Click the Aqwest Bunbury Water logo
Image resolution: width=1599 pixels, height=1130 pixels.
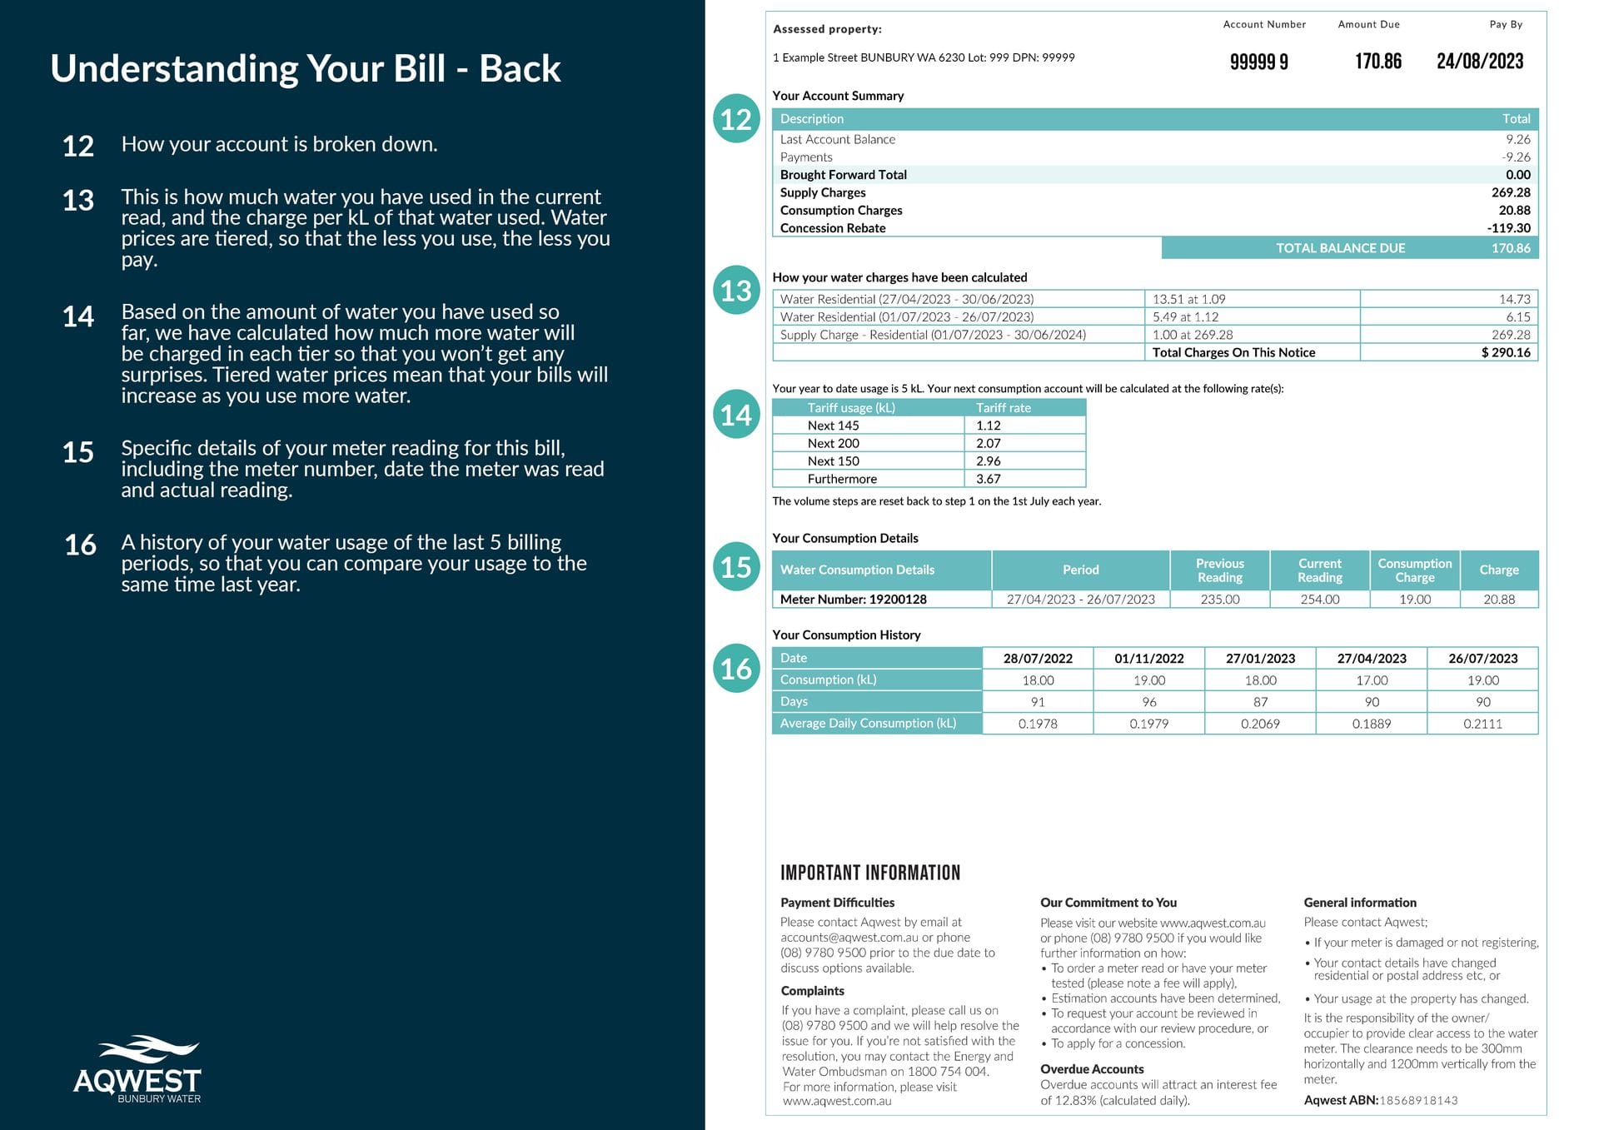(x=137, y=1070)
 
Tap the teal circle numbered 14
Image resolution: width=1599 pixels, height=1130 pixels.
(x=736, y=415)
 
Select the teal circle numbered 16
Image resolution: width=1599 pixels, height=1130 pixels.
(x=736, y=668)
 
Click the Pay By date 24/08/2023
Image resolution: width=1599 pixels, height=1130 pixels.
(x=1479, y=61)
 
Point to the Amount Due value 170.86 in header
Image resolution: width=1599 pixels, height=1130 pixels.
(x=1377, y=61)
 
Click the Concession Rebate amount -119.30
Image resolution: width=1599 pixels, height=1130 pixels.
(x=1508, y=228)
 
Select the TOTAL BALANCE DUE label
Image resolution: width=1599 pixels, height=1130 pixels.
(x=1340, y=248)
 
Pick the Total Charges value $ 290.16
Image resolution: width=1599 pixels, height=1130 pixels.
(x=1505, y=352)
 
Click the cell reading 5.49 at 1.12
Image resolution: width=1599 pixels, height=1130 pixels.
(x=1185, y=317)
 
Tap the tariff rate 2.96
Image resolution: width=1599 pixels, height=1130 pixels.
(x=989, y=461)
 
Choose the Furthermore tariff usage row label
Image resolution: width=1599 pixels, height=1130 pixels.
(x=842, y=479)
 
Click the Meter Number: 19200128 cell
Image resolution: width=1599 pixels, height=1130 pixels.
(x=853, y=600)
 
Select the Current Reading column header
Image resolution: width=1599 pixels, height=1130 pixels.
(x=1319, y=570)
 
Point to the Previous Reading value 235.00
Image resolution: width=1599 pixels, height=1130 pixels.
(x=1219, y=600)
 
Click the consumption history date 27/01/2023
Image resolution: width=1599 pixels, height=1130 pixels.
(x=1260, y=659)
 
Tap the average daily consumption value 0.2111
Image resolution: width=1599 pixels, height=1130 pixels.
(x=1482, y=724)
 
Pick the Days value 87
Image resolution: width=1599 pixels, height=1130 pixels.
(x=1260, y=702)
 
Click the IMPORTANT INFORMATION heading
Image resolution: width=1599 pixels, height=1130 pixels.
(x=869, y=873)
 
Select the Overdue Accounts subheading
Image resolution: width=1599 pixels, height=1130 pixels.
(x=1091, y=1069)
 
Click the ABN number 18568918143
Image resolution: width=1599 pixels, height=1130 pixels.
(x=1418, y=1101)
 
